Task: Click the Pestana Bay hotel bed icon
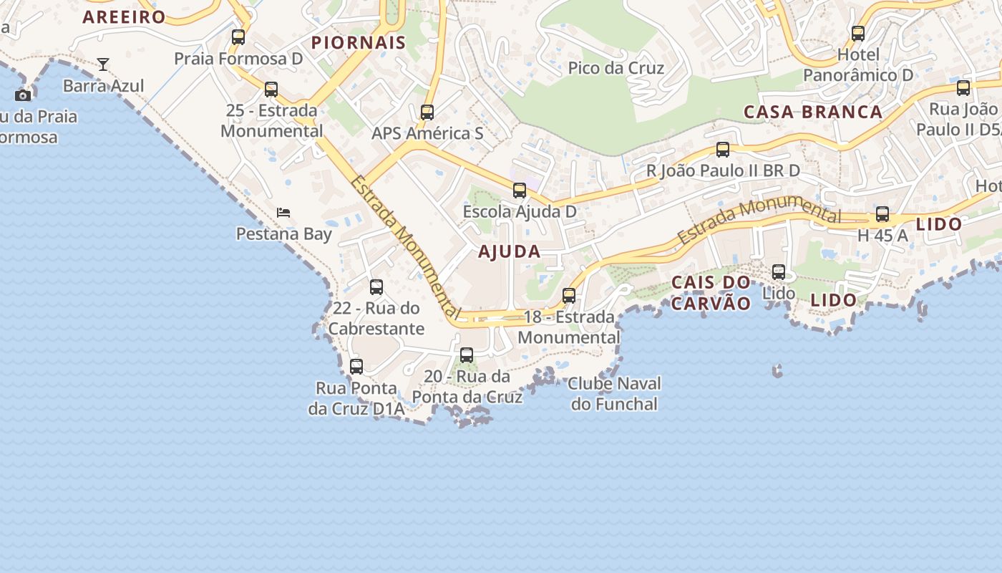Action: [x=283, y=213]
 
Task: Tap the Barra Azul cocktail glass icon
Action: [x=103, y=64]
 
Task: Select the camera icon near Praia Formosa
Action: [x=23, y=95]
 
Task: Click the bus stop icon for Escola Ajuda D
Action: [x=520, y=191]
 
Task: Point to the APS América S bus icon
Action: [x=427, y=112]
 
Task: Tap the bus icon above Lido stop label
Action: [x=779, y=272]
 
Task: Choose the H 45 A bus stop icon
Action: [x=882, y=214]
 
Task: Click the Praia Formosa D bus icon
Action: [x=238, y=37]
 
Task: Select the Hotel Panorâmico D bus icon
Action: [x=858, y=34]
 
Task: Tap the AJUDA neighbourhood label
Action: [x=510, y=251]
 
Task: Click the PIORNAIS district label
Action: [x=359, y=42]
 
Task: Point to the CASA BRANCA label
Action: [x=813, y=112]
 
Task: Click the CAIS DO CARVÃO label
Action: [x=711, y=292]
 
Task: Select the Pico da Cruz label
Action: [x=616, y=68]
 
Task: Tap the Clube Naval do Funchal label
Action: [x=614, y=393]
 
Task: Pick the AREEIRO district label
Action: [x=125, y=16]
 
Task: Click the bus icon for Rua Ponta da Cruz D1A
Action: [x=356, y=367]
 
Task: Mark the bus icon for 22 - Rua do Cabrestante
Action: [x=376, y=287]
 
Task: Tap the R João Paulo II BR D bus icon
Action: [x=723, y=150]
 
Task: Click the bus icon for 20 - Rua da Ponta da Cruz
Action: [x=467, y=355]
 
